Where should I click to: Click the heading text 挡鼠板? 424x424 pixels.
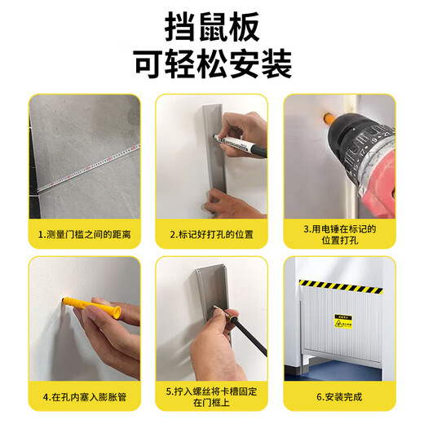(x=211, y=28)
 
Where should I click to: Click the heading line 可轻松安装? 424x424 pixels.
(x=211, y=66)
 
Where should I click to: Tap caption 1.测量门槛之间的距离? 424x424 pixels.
(x=85, y=234)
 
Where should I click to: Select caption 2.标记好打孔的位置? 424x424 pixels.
(x=211, y=234)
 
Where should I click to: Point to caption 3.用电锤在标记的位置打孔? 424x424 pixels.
(x=338, y=235)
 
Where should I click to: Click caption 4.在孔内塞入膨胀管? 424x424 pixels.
(x=85, y=397)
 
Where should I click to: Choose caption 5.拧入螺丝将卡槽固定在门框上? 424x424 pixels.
(x=211, y=397)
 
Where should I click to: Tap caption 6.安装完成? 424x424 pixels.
(x=338, y=397)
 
